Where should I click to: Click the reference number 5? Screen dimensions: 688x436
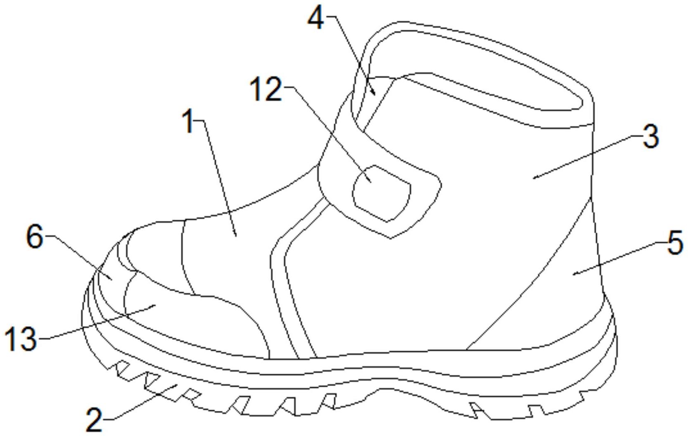(675, 244)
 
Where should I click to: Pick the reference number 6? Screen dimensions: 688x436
(35, 237)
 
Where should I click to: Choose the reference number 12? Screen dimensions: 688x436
(267, 90)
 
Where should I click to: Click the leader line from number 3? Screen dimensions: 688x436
(586, 157)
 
